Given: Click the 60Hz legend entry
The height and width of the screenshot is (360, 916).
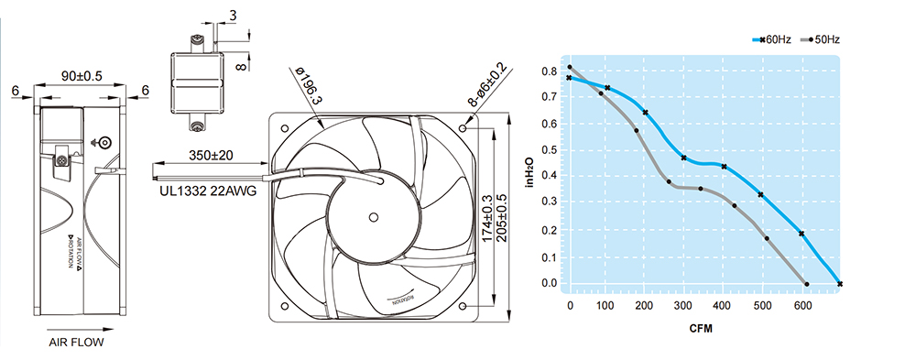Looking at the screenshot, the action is point(771,39).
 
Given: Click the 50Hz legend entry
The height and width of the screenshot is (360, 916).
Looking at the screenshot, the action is point(820,39).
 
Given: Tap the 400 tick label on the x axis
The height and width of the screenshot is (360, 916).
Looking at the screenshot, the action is point(723,306).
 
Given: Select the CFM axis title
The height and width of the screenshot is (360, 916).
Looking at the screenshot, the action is point(701,329).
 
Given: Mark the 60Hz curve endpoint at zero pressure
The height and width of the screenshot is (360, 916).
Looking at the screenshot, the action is point(839,284).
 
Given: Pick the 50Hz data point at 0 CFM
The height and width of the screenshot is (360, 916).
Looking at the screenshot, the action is point(570,67).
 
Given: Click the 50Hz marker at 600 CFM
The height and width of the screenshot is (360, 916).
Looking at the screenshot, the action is point(807,284).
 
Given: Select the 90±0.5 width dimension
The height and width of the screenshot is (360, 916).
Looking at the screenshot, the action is point(82,76).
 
